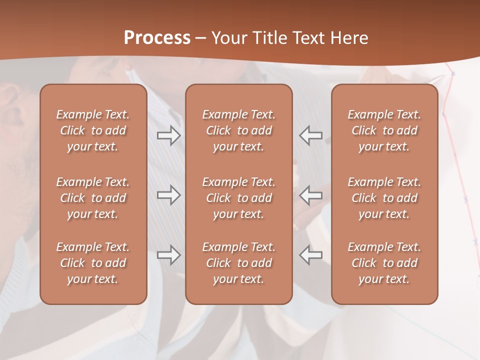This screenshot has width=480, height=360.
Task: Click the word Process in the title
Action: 157,38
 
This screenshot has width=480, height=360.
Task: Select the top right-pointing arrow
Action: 168,135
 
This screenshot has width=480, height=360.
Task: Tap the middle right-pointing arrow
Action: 168,195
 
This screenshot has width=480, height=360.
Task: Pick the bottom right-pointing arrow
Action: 168,255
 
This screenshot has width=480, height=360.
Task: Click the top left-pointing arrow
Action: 310,135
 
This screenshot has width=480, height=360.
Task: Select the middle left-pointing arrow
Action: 310,195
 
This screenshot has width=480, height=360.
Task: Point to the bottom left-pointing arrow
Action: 310,255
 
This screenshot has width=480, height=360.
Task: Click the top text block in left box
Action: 93,130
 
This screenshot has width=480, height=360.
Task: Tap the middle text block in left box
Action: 93,198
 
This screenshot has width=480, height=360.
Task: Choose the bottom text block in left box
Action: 93,263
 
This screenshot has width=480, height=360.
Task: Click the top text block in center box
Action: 238,130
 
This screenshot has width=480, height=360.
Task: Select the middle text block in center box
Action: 238,198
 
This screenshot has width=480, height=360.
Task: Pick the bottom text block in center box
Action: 238,263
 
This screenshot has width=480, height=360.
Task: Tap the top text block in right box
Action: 384,130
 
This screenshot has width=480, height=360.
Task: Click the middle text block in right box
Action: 384,198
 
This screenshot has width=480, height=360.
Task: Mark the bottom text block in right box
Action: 384,263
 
